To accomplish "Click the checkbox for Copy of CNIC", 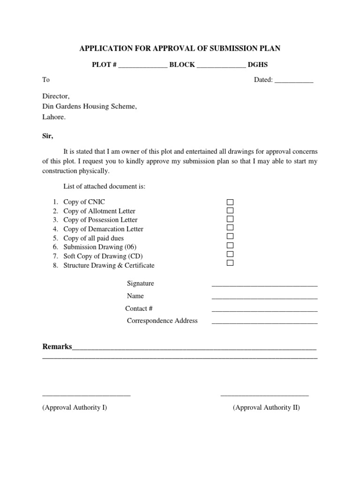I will coord(230,202).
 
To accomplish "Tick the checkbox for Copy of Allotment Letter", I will coord(230,210).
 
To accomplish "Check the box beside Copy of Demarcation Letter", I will coord(230,228).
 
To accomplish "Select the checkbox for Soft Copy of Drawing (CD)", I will coord(230,254).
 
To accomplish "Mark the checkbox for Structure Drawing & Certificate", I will coord(230,263).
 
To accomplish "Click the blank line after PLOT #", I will coord(142,66).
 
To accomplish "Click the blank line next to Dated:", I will coord(293,81).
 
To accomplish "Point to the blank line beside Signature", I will coord(264,285).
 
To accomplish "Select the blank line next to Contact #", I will coord(264,310).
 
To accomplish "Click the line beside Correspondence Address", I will coord(264,322).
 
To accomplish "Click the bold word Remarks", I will coord(57,347).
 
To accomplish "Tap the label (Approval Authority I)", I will coord(75,407).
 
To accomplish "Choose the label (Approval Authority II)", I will coord(266,407).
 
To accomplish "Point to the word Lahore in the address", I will coord(53,117).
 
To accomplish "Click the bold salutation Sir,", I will coord(48,136).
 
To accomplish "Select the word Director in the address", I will coord(55,96).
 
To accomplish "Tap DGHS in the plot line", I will coord(258,65).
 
